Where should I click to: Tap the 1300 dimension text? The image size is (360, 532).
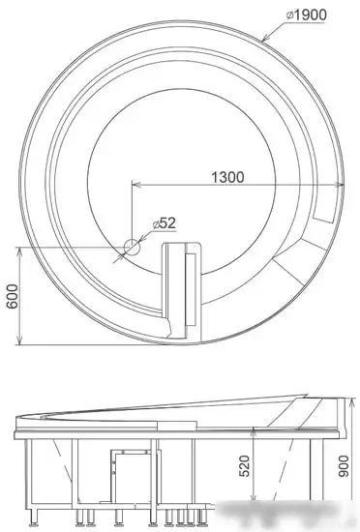pyautogui.click(x=225, y=177)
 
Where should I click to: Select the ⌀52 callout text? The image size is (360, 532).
pyautogui.click(x=163, y=223)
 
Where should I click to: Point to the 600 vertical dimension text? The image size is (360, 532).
pyautogui.click(x=11, y=295)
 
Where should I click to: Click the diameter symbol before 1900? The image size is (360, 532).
pyautogui.click(x=290, y=15)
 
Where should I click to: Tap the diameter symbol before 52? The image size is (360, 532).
pyautogui.click(x=153, y=223)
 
